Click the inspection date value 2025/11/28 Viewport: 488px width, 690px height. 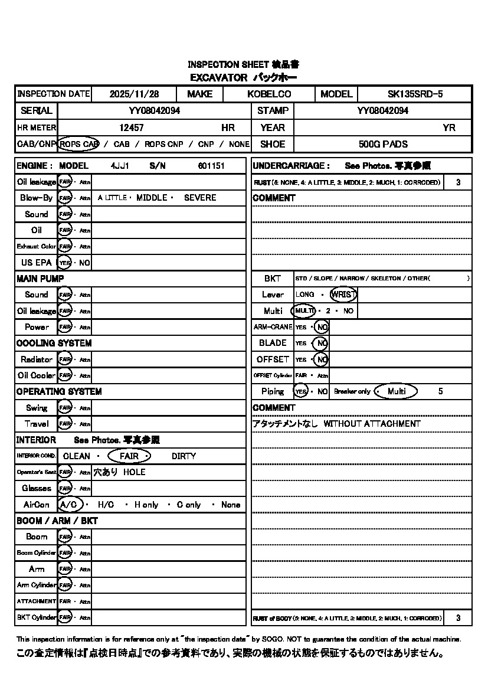pos(134,94)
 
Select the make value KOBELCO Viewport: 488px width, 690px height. pos(269,94)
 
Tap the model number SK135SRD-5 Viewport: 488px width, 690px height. pos(415,94)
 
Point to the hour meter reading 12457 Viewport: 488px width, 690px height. pos(132,127)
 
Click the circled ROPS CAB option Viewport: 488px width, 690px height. pos(79,144)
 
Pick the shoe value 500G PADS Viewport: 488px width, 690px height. pos(383,144)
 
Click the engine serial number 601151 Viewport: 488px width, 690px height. pos(211,166)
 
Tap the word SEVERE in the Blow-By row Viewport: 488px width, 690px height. pos(200,198)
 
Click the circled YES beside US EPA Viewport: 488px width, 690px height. pos(64,263)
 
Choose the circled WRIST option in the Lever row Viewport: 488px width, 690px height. pos(343,295)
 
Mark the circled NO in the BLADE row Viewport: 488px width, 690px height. pos(321,343)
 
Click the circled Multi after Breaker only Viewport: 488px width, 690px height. pos(396,391)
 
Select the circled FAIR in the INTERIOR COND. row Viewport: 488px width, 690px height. pos(129,456)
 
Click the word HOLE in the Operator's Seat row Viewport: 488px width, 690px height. pos(134,472)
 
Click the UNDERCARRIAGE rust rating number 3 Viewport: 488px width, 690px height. pos(458,182)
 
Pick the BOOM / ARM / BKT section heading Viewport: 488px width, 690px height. pos(57,521)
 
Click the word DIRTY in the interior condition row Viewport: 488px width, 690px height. pos(184,456)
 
